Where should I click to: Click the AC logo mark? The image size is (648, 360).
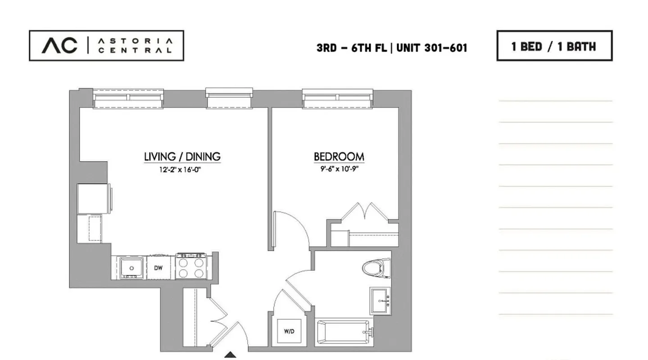click(59, 45)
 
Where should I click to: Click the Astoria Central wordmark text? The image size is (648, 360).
click(135, 45)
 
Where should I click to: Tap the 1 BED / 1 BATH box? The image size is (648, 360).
click(554, 46)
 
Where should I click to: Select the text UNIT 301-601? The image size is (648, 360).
click(431, 48)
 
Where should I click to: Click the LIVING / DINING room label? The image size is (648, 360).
click(182, 157)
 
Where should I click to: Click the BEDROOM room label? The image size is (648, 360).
click(339, 157)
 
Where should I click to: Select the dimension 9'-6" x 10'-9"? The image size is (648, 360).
click(339, 169)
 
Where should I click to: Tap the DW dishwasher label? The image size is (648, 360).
click(158, 268)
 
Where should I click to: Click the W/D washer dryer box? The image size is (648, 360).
click(289, 331)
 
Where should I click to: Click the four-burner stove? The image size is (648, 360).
click(191, 267)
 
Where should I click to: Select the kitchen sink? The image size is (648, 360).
click(131, 268)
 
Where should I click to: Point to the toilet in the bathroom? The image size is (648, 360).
click(376, 268)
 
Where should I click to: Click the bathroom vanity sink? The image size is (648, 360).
click(382, 301)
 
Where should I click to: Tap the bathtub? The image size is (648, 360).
click(344, 333)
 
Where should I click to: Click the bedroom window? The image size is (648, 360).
click(338, 99)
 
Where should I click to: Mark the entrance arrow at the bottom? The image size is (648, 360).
click(231, 355)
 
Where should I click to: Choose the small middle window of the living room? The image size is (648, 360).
click(229, 99)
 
